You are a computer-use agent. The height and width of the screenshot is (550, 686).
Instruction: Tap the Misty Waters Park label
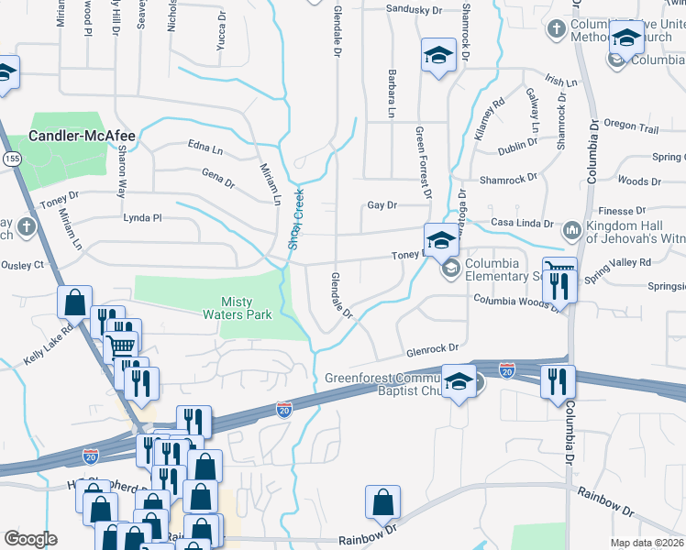click(x=238, y=308)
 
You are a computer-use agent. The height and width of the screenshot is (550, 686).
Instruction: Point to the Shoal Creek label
click(x=296, y=219)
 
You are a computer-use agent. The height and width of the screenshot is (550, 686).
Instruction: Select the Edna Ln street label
click(x=205, y=148)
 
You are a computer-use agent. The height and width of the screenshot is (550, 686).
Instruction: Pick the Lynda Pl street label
click(x=142, y=218)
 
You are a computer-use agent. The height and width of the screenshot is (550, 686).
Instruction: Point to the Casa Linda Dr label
click(x=523, y=223)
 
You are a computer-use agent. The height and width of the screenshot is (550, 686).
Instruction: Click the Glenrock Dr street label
click(x=431, y=349)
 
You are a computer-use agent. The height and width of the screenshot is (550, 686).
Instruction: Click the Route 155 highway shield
click(x=10, y=158)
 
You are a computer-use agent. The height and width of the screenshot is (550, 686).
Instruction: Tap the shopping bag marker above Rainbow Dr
click(x=382, y=503)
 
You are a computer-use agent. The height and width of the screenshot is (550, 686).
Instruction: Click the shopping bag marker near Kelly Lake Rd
click(x=74, y=301)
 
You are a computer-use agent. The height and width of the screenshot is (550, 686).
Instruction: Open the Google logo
click(x=30, y=539)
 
